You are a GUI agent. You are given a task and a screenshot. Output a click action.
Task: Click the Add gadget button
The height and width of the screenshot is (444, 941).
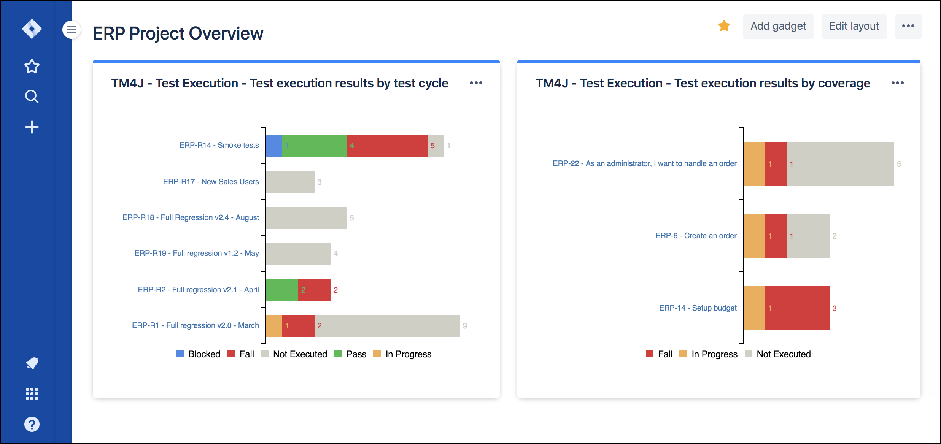(778, 26)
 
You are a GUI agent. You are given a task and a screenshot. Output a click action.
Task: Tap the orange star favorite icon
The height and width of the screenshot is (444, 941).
(724, 26)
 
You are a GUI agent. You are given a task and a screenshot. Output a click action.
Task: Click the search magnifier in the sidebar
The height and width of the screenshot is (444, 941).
(32, 97)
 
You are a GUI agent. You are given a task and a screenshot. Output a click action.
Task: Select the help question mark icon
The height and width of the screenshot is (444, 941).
(32, 424)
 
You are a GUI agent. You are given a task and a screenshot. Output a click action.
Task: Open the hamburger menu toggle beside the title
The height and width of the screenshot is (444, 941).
(72, 30)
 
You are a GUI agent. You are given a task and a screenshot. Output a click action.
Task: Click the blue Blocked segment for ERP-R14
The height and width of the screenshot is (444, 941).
(274, 146)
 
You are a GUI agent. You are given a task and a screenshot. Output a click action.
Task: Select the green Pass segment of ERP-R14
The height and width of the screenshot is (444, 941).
(315, 146)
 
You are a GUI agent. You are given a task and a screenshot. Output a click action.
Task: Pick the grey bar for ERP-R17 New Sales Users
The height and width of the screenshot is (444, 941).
(290, 182)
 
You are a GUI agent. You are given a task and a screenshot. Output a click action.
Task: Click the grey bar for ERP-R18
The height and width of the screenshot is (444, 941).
(306, 218)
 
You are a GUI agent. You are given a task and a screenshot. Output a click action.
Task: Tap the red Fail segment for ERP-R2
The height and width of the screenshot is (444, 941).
(314, 290)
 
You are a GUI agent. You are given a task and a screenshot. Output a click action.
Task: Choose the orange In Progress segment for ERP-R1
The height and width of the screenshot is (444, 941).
(274, 326)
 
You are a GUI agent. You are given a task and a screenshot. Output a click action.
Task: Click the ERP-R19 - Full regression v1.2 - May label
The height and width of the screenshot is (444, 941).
(196, 253)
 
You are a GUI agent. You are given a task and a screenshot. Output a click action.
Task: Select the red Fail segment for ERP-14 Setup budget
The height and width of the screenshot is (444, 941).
(797, 308)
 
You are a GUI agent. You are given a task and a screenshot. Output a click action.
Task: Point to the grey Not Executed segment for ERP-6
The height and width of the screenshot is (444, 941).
(807, 236)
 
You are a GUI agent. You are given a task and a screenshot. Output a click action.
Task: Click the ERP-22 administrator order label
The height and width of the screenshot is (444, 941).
(644, 163)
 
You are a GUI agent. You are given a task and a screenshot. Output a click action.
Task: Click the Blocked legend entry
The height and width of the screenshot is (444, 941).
(198, 354)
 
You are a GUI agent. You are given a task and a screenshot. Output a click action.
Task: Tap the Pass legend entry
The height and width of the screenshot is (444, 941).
(350, 354)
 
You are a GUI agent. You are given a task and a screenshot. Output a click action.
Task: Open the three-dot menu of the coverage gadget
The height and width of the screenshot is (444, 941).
(897, 83)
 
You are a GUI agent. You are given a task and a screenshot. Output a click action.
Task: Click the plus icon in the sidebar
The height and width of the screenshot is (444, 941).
(32, 127)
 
